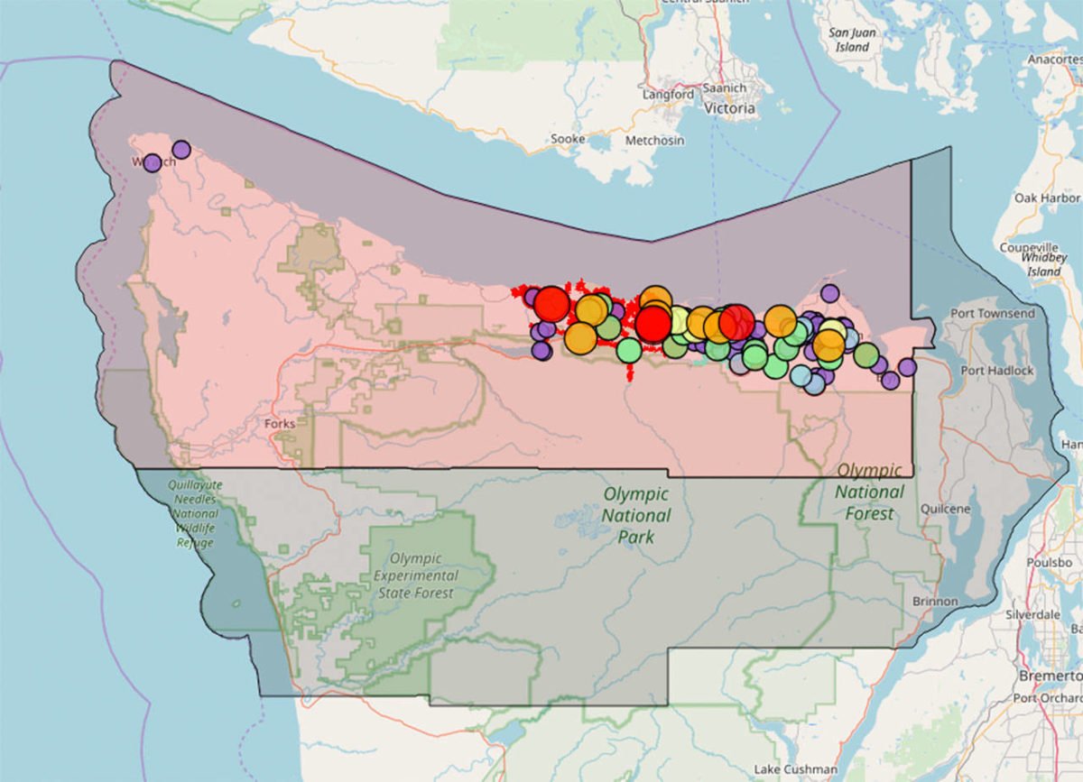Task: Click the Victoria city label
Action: click(729, 108)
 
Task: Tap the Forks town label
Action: click(281, 423)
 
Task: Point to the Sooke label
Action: click(568, 140)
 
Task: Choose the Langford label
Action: click(668, 94)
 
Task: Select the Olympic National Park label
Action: click(636, 515)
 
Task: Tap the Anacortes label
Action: click(1054, 60)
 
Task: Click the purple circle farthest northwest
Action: click(153, 162)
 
